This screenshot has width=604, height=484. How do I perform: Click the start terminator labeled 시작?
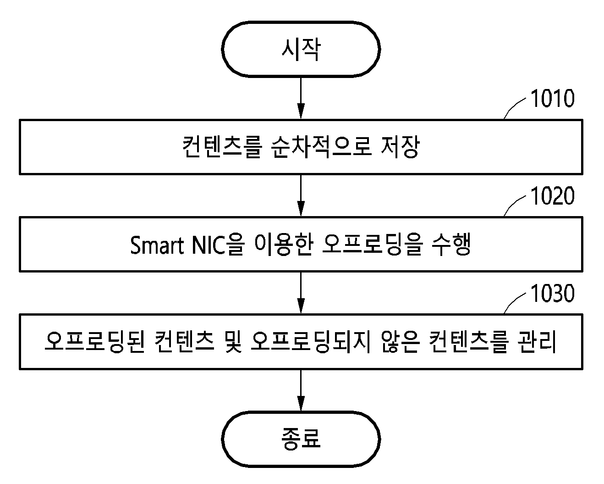(301, 49)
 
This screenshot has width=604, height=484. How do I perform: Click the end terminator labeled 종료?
(301, 439)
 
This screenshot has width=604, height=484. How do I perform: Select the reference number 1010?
(553, 98)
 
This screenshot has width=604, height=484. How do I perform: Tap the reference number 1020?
(553, 196)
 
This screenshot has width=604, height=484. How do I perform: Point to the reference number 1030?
(553, 294)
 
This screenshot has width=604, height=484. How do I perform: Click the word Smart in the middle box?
(157, 245)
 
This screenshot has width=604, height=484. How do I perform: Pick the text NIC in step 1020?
(209, 245)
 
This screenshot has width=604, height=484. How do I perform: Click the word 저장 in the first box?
(400, 147)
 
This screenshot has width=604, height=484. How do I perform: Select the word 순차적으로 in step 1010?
(322, 147)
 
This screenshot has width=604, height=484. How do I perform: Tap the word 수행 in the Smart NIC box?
(451, 245)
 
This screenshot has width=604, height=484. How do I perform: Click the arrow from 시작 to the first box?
(301, 98)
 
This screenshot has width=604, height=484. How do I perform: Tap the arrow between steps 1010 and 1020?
(301, 195)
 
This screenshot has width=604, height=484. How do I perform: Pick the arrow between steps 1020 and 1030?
(301, 293)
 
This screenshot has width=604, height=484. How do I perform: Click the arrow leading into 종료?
(301, 391)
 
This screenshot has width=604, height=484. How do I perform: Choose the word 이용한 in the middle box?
(284, 245)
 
